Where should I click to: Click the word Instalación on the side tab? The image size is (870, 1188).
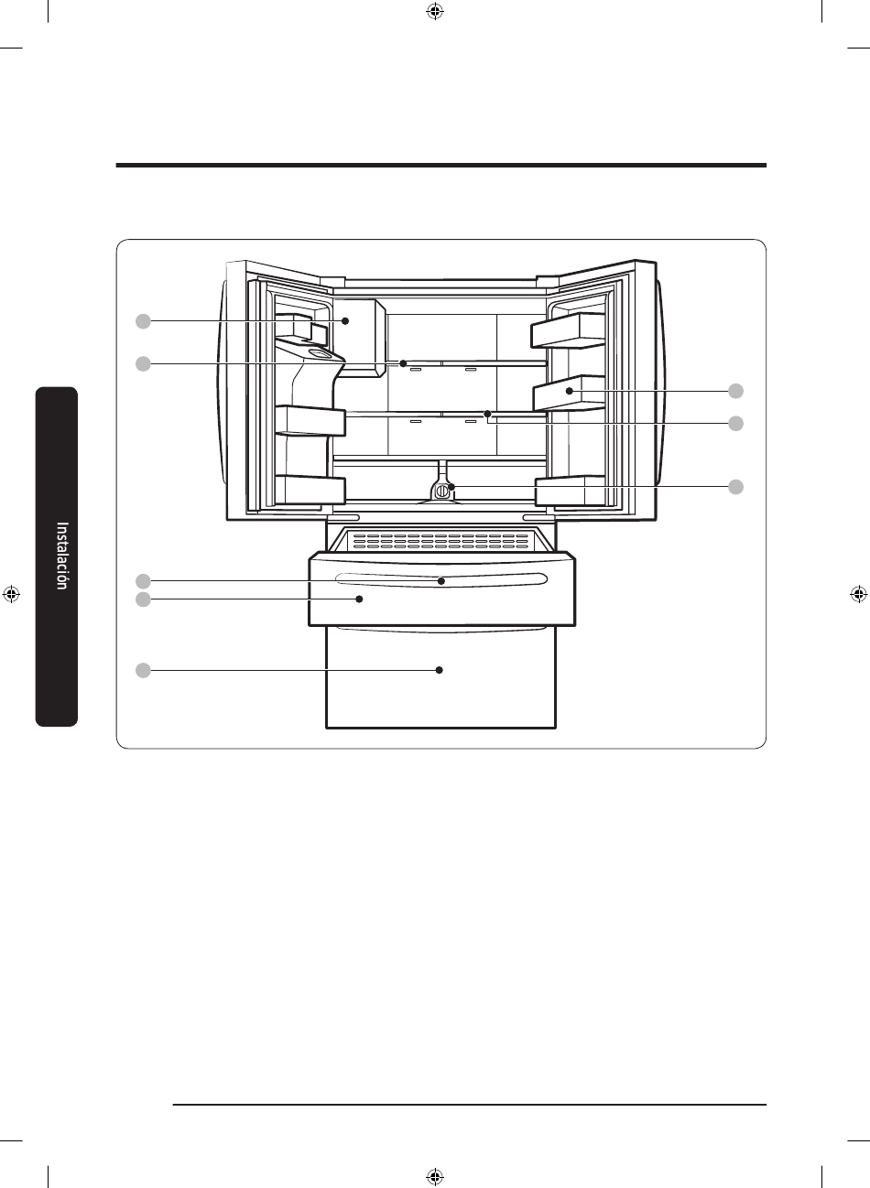pos(62,556)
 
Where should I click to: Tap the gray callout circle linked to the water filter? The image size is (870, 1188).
pos(735,487)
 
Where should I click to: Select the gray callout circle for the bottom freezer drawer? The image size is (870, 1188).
pos(143,670)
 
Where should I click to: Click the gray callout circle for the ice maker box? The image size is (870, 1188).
pos(143,321)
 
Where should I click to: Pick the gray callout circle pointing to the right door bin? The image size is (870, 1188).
pos(735,391)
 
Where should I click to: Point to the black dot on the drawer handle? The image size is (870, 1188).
pos(441,581)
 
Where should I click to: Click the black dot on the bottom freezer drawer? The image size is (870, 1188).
pos(439,670)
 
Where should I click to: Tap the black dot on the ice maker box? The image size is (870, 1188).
pos(345,321)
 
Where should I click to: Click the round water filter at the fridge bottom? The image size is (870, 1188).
pos(441,491)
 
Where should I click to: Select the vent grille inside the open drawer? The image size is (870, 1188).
pos(440,541)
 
